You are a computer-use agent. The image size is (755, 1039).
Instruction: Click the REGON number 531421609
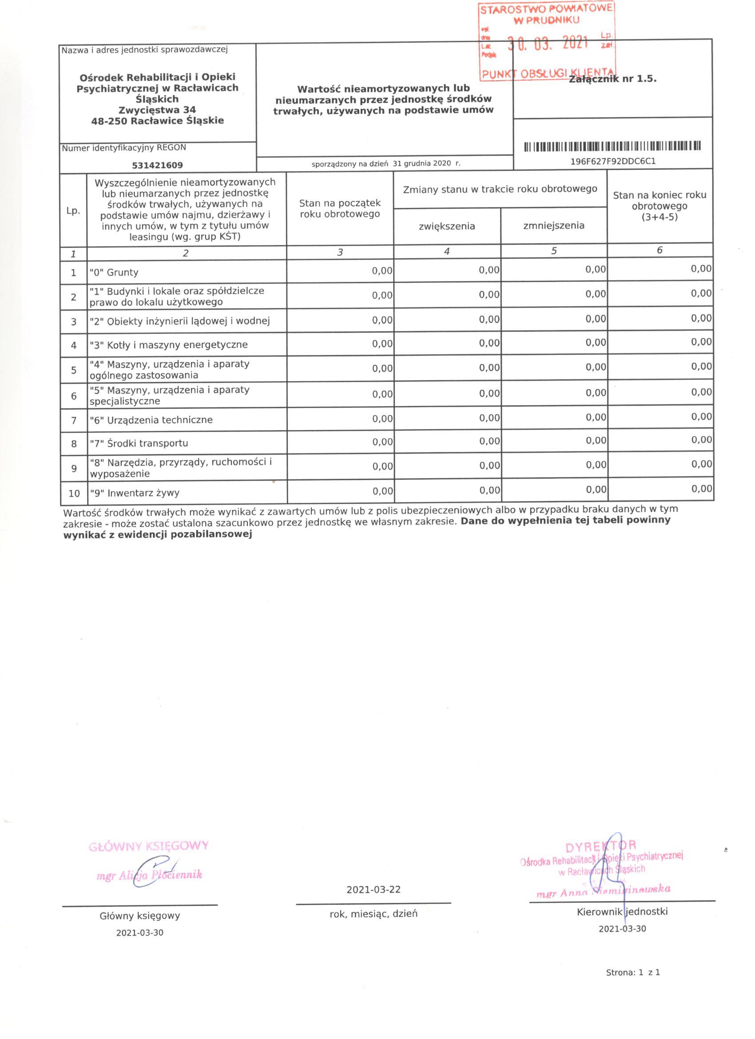157,165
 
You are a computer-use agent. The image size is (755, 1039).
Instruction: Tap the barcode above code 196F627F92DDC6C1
612,147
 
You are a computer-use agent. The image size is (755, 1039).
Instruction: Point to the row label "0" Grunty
114,272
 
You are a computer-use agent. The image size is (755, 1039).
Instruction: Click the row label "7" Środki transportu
139,443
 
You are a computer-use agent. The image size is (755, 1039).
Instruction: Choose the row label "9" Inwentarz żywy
135,493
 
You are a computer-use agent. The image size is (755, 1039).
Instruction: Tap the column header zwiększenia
447,226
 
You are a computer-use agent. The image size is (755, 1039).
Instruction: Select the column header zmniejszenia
553,225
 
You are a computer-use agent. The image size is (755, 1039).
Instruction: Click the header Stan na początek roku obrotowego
340,208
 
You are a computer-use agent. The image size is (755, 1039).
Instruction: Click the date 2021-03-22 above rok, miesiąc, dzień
373,889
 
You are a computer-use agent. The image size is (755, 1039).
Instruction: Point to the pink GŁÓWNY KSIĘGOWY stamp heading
149,846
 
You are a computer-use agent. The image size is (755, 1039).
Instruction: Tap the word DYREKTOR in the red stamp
601,845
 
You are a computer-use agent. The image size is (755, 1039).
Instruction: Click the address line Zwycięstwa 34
157,109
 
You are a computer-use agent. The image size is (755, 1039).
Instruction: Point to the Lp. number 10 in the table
74,493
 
